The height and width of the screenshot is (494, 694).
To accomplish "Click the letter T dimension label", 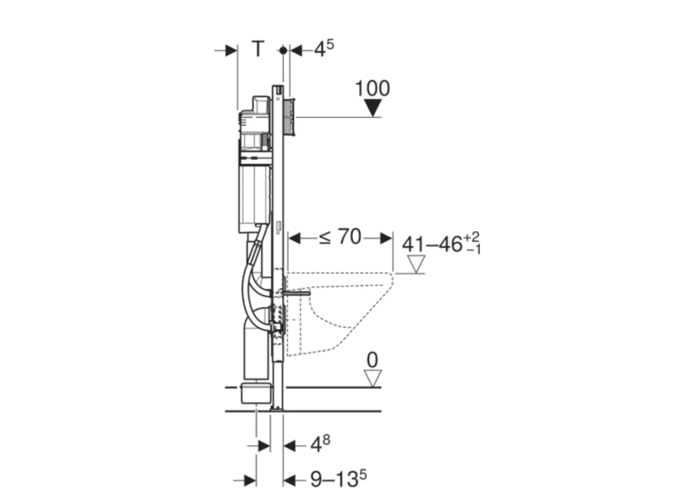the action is (x=258, y=49).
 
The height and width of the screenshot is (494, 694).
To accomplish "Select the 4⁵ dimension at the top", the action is (x=324, y=48).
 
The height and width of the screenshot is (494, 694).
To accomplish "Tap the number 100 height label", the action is (x=373, y=89).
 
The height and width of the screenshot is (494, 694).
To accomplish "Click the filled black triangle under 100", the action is (x=373, y=108).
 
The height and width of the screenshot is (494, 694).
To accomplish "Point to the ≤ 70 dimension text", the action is (x=340, y=237).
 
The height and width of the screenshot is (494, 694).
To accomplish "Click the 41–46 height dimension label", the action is (x=441, y=243).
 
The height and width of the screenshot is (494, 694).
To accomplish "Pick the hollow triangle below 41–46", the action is (x=416, y=264).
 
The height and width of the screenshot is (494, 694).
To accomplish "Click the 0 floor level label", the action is (x=373, y=361).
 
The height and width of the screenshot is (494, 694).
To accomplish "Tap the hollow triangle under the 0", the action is (x=373, y=379).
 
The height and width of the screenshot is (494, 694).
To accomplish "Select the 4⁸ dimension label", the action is (x=320, y=444).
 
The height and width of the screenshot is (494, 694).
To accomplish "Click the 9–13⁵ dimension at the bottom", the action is (x=338, y=478).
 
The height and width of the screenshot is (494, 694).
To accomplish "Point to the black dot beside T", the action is (x=283, y=51).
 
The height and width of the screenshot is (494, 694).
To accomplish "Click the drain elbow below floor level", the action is (x=256, y=393).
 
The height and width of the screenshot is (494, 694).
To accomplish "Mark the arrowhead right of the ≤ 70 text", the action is (x=386, y=238).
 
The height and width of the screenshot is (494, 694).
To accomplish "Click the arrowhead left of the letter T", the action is (x=231, y=51).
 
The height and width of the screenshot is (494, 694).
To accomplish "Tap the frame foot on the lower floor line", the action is (x=277, y=408).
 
